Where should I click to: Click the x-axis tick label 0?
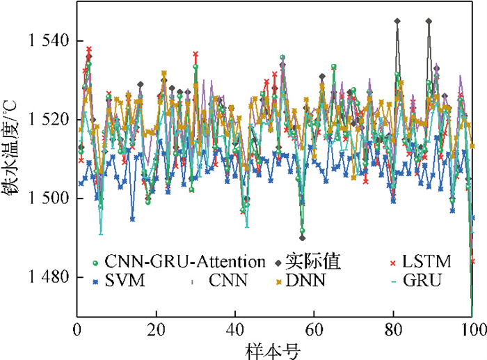tap(76, 328)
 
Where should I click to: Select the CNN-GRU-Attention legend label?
tap(185, 262)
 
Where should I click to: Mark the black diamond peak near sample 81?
tap(397, 22)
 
